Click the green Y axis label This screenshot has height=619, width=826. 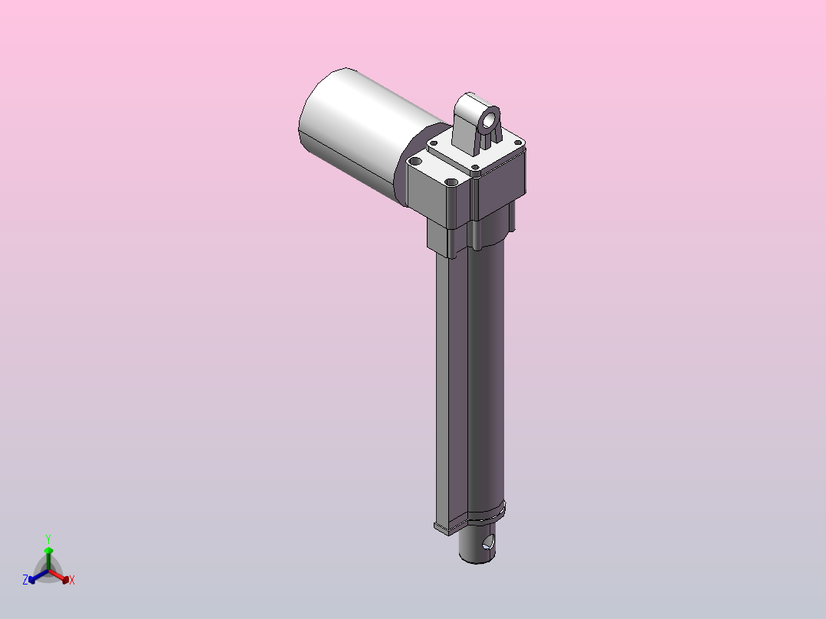pos(48,539)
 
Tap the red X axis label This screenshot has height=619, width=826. pos(72,580)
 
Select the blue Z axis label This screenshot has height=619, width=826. pos(25,580)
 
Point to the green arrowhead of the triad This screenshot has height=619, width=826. pos(48,551)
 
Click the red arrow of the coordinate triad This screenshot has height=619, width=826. pos(59,576)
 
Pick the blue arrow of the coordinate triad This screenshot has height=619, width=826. pos(38,576)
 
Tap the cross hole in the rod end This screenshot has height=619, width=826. pos(488,542)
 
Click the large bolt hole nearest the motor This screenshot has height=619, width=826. pos(415,161)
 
